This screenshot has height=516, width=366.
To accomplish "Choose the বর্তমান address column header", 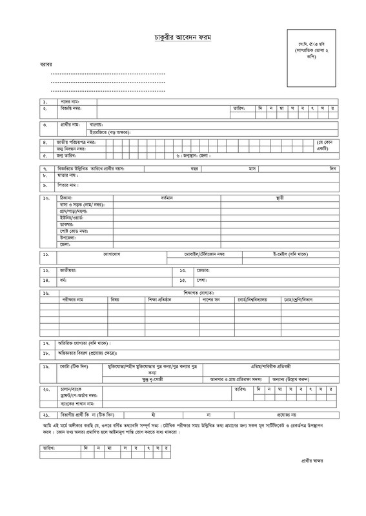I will [x=168, y=197].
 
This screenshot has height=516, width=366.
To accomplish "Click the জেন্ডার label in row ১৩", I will [x=205, y=270].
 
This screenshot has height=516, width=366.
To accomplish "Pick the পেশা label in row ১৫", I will [x=202, y=281].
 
